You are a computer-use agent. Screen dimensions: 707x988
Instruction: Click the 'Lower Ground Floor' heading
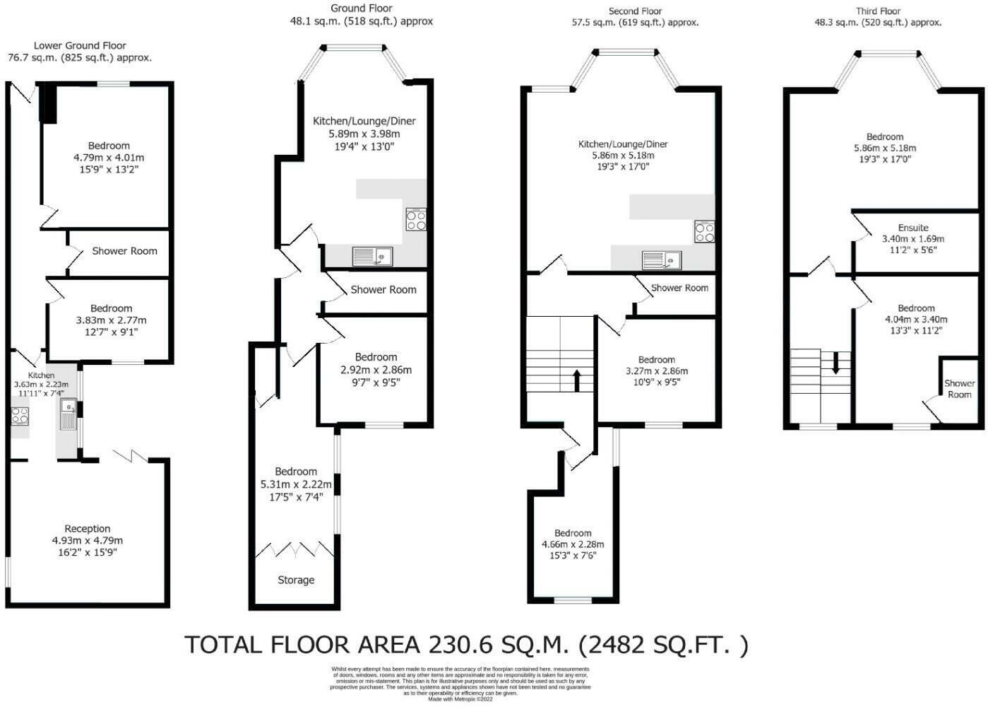(80, 45)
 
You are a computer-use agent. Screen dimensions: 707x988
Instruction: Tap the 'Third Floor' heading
(878, 11)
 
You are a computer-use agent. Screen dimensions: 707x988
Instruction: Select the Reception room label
(88, 528)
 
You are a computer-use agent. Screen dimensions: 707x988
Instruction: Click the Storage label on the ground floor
(296, 580)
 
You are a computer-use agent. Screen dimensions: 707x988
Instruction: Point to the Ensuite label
(913, 228)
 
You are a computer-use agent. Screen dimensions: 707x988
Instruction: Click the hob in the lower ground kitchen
(19, 416)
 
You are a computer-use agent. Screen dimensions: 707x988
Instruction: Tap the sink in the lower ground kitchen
(69, 414)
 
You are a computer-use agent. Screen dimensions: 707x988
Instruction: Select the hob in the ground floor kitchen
(416, 220)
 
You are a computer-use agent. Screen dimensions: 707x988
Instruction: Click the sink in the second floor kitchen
(662, 260)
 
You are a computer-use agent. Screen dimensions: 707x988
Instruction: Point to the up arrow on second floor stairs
(577, 380)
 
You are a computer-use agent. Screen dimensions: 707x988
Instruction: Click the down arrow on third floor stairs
(835, 362)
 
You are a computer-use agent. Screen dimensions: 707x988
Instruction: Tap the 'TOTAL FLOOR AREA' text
(304, 645)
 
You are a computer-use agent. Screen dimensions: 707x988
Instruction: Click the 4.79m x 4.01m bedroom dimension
(109, 158)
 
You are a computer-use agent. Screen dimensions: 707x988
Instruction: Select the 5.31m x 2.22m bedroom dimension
(296, 484)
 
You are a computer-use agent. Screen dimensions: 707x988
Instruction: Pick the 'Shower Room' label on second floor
(679, 288)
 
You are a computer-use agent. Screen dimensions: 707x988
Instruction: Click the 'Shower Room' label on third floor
(959, 388)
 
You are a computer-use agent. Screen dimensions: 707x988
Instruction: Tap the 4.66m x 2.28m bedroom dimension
(573, 544)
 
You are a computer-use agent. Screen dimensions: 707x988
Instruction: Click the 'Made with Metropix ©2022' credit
(460, 699)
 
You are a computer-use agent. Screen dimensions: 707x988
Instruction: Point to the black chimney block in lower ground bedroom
(48, 103)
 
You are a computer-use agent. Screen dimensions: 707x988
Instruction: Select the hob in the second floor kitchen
(704, 232)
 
